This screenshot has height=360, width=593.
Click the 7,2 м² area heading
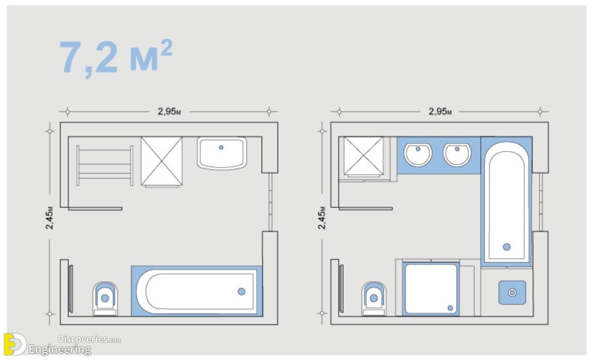[x=116, y=58]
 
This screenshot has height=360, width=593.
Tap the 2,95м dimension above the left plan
[x=169, y=112]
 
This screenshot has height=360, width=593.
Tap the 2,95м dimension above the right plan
[x=440, y=112]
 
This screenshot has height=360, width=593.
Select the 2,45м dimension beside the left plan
[x=50, y=218]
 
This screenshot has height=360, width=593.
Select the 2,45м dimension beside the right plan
[x=321, y=218]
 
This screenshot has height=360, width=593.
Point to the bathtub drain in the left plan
[x=241, y=291]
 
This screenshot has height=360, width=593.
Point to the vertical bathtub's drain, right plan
[x=507, y=247]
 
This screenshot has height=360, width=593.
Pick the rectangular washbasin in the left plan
[x=221, y=153]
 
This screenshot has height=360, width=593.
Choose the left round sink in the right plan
[x=418, y=154]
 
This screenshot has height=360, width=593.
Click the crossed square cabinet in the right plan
[x=363, y=155]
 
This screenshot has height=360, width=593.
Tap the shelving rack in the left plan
[x=105, y=165]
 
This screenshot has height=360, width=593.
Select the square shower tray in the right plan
[x=431, y=288]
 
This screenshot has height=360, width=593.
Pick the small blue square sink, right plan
[x=513, y=292]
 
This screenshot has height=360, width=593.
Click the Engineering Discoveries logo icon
[x=14, y=344]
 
